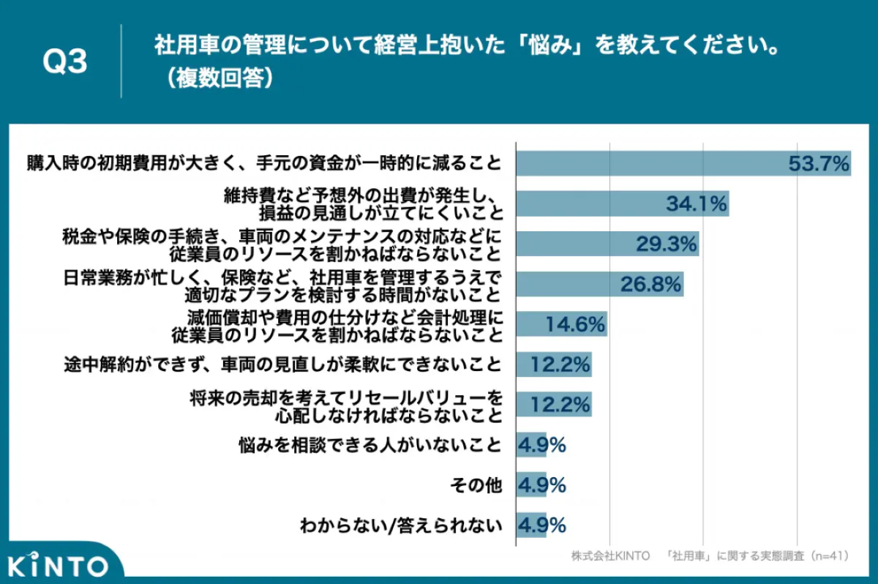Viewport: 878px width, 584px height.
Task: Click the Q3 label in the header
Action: (x=64, y=61)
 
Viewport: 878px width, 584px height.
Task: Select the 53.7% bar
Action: (x=683, y=163)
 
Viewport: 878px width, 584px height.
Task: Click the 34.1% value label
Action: (x=697, y=203)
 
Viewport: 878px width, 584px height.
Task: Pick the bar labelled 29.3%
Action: (x=607, y=244)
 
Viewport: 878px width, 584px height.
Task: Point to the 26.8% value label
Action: (x=650, y=284)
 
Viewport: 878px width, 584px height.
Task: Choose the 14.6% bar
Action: (x=562, y=324)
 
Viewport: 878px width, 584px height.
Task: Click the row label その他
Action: (x=476, y=485)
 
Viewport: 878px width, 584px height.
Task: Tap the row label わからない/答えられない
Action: (x=401, y=525)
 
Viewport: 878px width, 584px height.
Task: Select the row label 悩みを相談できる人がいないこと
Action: (x=370, y=445)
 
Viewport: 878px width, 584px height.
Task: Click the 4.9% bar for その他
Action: (x=531, y=485)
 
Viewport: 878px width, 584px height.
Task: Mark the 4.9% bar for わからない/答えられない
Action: (x=531, y=525)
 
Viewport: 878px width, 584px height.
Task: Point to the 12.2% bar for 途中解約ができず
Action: (x=554, y=364)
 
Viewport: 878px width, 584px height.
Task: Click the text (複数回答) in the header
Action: (x=219, y=78)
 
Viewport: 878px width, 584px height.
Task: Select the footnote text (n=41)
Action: (x=830, y=555)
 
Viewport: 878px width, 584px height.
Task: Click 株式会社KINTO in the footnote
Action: (x=611, y=555)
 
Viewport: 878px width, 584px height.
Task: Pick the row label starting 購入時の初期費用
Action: (x=264, y=163)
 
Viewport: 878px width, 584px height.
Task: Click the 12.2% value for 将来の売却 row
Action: (x=560, y=405)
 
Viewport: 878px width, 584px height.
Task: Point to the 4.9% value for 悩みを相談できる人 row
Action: (x=542, y=445)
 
